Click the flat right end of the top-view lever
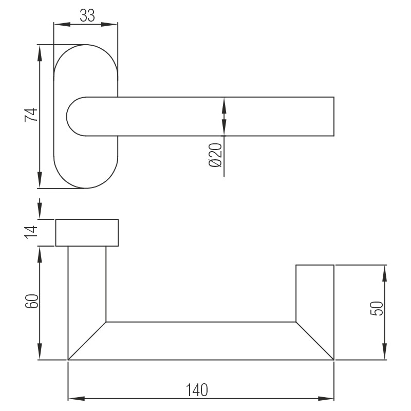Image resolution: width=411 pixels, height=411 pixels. pos(334,116)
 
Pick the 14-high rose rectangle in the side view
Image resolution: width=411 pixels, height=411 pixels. pos(87,233)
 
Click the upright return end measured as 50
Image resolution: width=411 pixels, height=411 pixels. pos(315,293)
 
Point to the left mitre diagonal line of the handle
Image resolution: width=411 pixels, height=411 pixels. pos(87,341)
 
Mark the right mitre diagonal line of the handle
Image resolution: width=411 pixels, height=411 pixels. pos(315,341)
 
